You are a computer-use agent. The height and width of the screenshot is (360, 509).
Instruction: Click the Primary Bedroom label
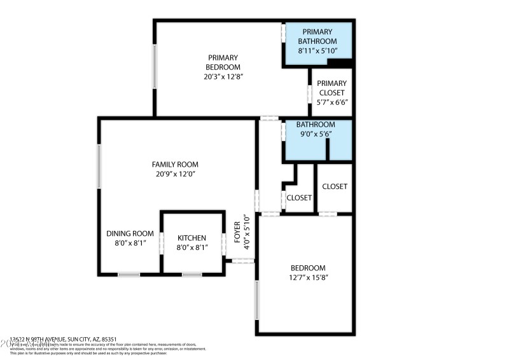[223, 62]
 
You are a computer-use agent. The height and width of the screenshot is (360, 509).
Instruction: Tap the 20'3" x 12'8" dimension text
[220, 76]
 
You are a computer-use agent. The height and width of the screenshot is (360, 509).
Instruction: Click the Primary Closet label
[331, 88]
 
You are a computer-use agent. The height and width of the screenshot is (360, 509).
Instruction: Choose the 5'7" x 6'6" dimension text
[331, 102]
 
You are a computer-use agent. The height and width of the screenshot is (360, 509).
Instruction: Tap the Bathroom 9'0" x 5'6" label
[317, 129]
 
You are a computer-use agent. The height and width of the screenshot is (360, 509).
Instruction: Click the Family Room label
[175, 164]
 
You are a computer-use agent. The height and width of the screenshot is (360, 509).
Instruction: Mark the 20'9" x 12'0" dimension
[175, 174]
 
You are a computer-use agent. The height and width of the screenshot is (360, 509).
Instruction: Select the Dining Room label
[130, 233]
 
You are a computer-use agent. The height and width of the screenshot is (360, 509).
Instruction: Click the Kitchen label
[192, 238]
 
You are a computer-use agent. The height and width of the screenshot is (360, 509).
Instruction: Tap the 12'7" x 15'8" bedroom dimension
[308, 277]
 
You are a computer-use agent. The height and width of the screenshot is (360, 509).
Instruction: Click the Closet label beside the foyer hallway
[299, 198]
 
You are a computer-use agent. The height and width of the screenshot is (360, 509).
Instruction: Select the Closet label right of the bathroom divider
[335, 186]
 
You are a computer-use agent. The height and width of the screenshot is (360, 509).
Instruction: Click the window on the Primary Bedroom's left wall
[154, 66]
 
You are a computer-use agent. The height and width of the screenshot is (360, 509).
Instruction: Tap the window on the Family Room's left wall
[99, 166]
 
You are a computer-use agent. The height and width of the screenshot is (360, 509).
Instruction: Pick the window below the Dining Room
[129, 274]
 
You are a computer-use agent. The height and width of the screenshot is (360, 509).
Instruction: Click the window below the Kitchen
[192, 274]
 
